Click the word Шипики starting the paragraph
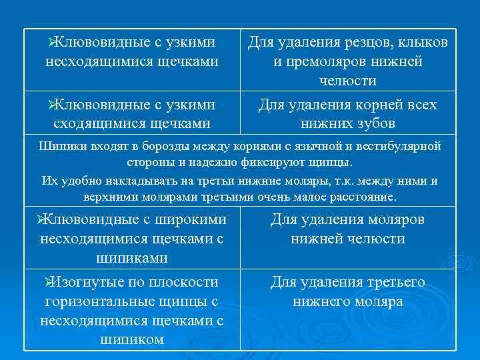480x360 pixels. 61,146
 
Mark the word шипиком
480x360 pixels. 131,339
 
